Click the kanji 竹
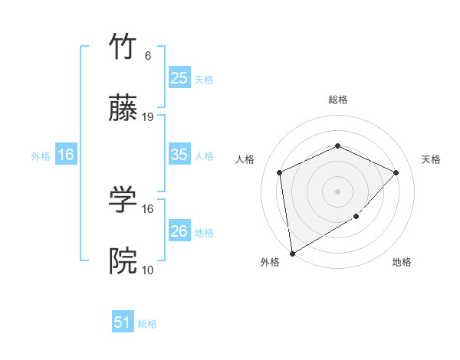[x=123, y=47]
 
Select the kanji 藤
[x=123, y=110]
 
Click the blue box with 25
[x=179, y=77]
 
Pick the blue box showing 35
[x=179, y=155]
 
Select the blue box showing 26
[x=179, y=231]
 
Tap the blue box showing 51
[x=123, y=322]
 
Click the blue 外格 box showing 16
[x=66, y=155]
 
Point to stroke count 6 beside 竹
[x=148, y=56]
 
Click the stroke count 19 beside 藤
[x=148, y=117]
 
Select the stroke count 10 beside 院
[x=148, y=270]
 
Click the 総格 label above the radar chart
[x=337, y=100]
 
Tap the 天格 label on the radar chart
[x=431, y=159]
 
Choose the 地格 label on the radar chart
[x=402, y=262]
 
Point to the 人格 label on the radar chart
[x=245, y=159]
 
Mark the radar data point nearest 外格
[x=292, y=253]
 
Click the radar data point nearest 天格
[x=396, y=172]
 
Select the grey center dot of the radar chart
[x=337, y=191]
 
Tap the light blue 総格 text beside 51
[x=147, y=324]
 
